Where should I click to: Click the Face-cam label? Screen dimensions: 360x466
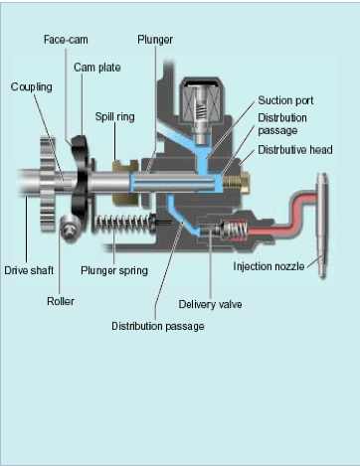(x=66, y=40)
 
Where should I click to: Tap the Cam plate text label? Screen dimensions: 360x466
(x=97, y=68)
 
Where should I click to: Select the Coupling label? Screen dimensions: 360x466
(x=32, y=87)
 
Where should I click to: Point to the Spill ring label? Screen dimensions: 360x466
(x=114, y=117)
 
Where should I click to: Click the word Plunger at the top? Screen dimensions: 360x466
(x=155, y=40)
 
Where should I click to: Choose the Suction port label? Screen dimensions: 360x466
(x=285, y=100)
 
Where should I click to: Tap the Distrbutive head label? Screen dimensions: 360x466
(x=295, y=150)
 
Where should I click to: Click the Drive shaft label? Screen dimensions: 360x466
(x=29, y=270)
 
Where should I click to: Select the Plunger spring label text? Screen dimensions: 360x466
(x=114, y=271)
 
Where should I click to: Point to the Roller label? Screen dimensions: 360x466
(x=61, y=301)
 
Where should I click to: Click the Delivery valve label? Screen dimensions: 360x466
(x=210, y=304)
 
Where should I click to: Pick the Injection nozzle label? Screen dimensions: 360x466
(x=269, y=266)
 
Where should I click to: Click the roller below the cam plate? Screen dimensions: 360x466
(x=70, y=229)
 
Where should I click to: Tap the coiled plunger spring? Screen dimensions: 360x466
(x=124, y=225)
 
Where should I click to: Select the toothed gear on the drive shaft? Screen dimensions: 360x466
(x=48, y=184)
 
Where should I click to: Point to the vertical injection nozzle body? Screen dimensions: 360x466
(x=322, y=226)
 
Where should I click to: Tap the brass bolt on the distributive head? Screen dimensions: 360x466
(x=237, y=183)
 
